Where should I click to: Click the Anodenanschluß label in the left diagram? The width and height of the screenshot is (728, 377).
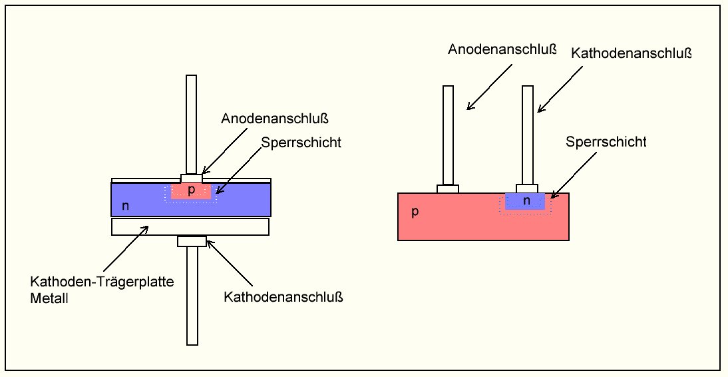coord(274,119)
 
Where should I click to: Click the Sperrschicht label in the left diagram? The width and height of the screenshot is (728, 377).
coord(301,143)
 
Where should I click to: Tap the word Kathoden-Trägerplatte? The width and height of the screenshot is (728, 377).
coord(102,282)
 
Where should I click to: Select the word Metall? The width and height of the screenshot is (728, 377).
coord(49,298)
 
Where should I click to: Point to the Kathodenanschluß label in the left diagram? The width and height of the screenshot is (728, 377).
coord(283,296)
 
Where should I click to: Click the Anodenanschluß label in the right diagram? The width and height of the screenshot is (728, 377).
coord(502,49)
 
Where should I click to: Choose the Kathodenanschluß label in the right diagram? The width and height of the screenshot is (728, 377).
coord(632,53)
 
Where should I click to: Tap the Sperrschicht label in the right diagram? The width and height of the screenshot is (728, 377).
coord(606,141)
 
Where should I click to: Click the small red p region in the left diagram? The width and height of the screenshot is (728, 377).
coord(191,191)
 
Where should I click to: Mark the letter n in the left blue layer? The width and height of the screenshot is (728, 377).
coord(125,206)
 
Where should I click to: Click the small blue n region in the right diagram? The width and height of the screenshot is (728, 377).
coord(525,200)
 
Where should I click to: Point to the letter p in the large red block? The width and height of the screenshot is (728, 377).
coord(415,212)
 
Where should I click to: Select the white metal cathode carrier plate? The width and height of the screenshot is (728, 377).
coord(190,226)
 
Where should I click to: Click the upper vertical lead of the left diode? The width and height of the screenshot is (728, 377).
coord(191,125)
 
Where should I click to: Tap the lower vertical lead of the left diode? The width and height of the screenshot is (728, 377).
coord(192,296)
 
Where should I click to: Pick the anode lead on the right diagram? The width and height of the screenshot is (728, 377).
coord(448,135)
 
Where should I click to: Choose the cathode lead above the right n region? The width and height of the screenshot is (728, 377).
coord(528,135)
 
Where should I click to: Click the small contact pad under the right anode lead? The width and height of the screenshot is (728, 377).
coord(448,188)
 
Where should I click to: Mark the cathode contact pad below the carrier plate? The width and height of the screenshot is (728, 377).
coord(192,241)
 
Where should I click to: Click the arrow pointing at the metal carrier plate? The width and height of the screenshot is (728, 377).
coord(125,248)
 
